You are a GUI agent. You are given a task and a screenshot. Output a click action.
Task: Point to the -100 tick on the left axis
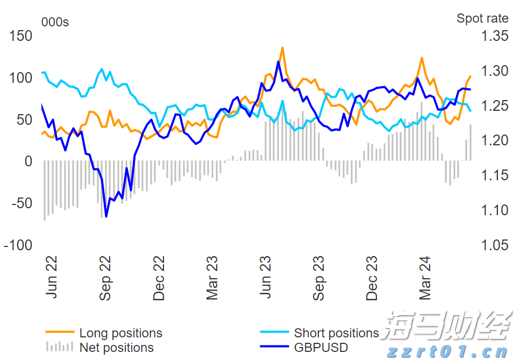(18, 245)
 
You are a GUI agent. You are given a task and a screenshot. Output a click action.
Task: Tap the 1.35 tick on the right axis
(494, 36)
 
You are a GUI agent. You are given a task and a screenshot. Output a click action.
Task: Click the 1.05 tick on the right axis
(494, 245)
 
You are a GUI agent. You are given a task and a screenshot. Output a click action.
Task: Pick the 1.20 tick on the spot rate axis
(494, 140)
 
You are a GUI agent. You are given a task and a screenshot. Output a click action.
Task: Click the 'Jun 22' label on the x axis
(52, 278)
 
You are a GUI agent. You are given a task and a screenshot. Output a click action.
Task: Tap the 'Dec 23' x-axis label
(373, 278)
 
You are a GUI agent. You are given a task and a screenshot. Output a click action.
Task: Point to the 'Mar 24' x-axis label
(426, 278)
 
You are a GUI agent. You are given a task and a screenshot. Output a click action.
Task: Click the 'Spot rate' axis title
(482, 18)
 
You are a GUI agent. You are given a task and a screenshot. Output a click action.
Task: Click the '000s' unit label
(55, 22)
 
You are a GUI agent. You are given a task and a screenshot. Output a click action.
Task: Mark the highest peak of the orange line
(282, 47)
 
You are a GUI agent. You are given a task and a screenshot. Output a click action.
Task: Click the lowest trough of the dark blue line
(106, 216)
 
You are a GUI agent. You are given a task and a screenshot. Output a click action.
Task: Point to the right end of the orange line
(471, 76)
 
